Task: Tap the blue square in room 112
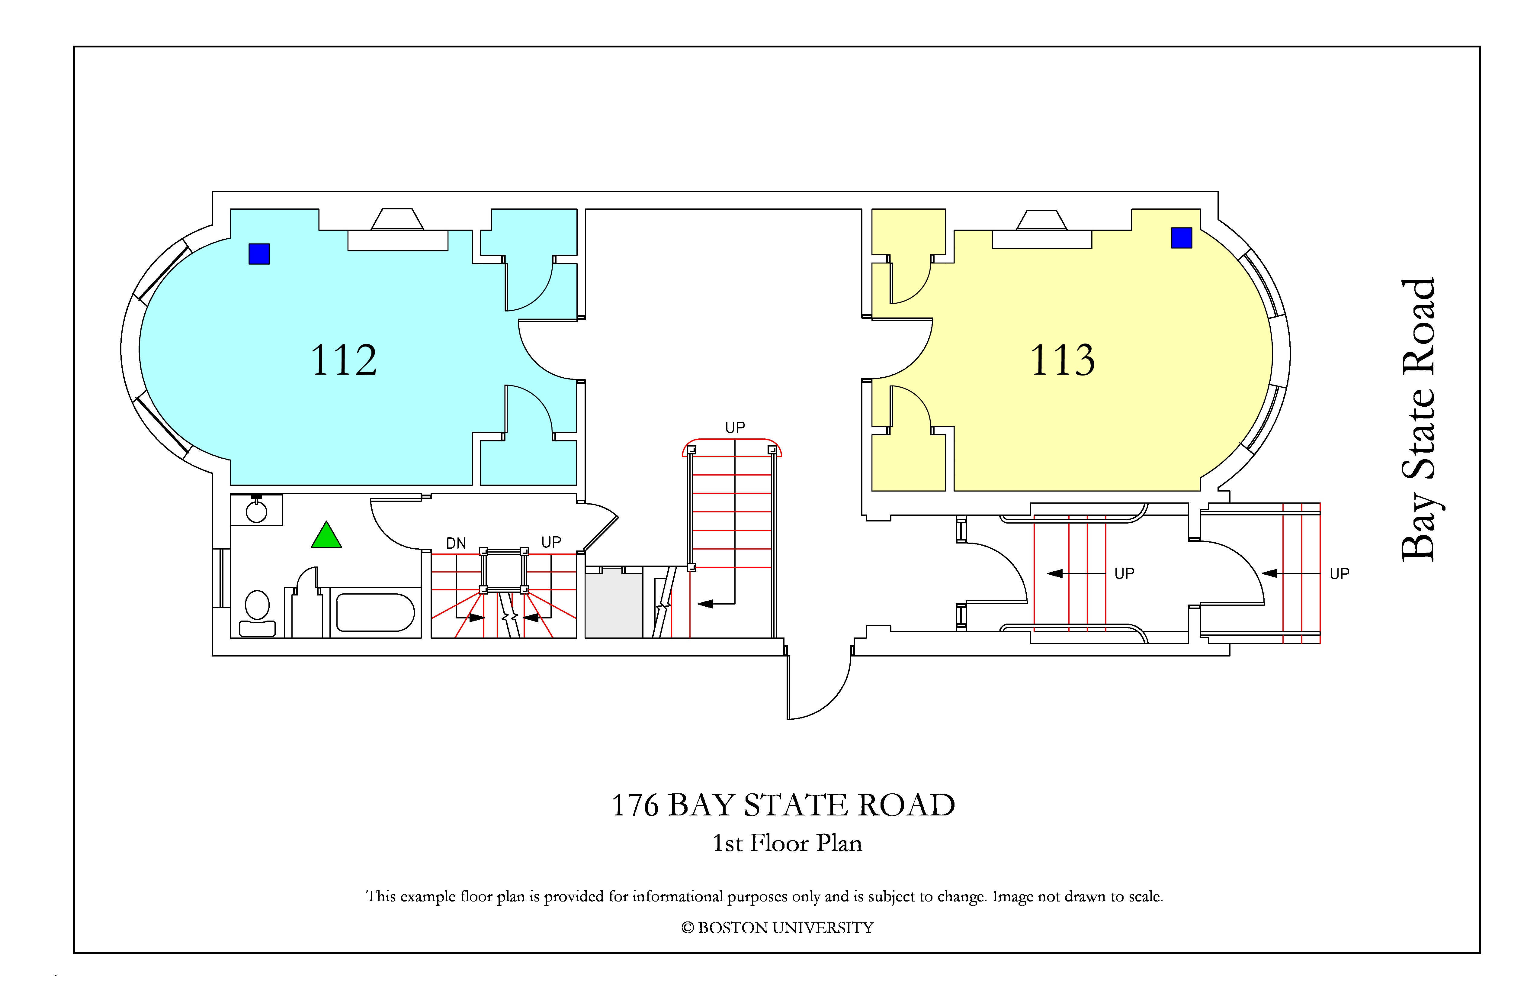click(259, 254)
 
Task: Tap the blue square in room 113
click(1182, 237)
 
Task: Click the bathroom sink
click(256, 509)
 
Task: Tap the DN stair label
click(456, 543)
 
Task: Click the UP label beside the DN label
click(551, 542)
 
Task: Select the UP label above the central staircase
click(735, 427)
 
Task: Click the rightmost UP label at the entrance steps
click(1339, 574)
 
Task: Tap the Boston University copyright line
click(777, 928)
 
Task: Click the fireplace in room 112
click(397, 230)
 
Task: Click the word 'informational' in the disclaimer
click(678, 897)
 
